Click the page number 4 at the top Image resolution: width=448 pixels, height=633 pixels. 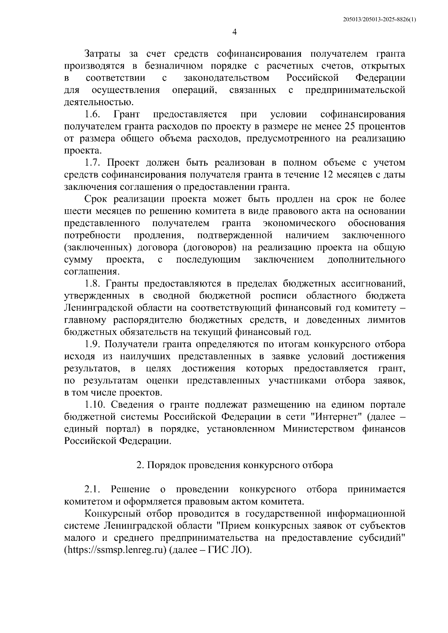[x=234, y=32]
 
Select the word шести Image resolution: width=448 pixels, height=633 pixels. [x=76, y=211]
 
